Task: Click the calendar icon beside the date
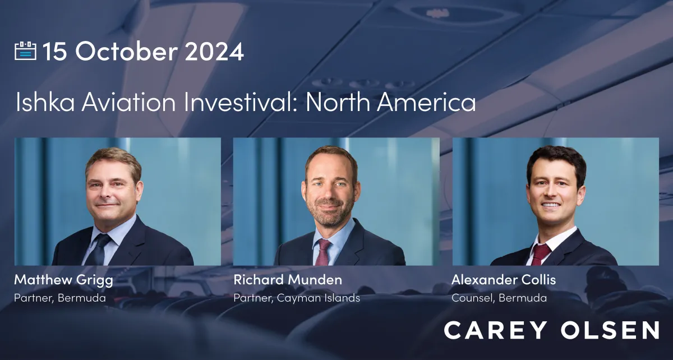[26, 51]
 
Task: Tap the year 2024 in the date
[214, 52]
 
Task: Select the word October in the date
[127, 51]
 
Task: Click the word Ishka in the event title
[45, 101]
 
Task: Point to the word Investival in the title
[241, 101]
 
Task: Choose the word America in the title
[426, 101]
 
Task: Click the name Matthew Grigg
[63, 280]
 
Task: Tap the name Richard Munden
[288, 280]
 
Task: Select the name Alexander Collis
[504, 280]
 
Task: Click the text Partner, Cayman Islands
[297, 298]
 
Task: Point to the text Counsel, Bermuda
[499, 298]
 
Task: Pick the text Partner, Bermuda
[60, 298]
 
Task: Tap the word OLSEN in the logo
[610, 330]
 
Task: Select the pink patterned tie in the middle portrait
[322, 252]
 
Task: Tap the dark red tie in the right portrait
[540, 254]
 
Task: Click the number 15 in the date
[54, 52]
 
